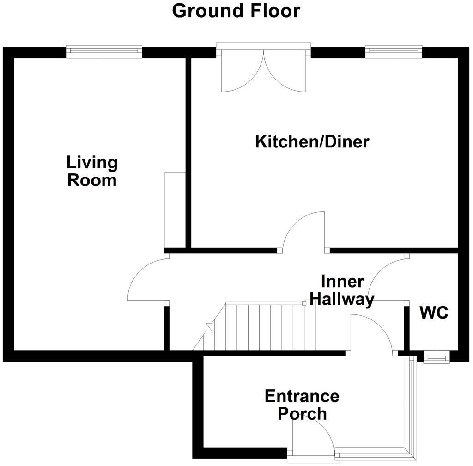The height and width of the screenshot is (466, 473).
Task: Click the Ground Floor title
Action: pyautogui.click(x=236, y=11)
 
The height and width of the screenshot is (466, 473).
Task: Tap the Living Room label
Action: pyautogui.click(x=92, y=171)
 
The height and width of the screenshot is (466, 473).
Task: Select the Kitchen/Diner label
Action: pyautogui.click(x=312, y=141)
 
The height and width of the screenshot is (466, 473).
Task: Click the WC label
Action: pyautogui.click(x=434, y=313)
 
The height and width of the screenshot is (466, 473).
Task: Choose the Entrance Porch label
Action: pyautogui.click(x=302, y=405)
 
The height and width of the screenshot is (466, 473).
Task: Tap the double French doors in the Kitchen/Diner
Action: pyautogui.click(x=264, y=69)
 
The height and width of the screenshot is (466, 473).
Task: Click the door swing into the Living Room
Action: pyautogui.click(x=147, y=280)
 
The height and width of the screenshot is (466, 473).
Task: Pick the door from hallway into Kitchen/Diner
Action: pyautogui.click(x=304, y=231)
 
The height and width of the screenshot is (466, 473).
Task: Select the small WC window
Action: pyautogui.click(x=436, y=357)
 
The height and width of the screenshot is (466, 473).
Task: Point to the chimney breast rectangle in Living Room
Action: pyautogui.click(x=175, y=210)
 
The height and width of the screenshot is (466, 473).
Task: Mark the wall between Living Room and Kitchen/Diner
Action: pyautogui.click(x=188, y=153)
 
